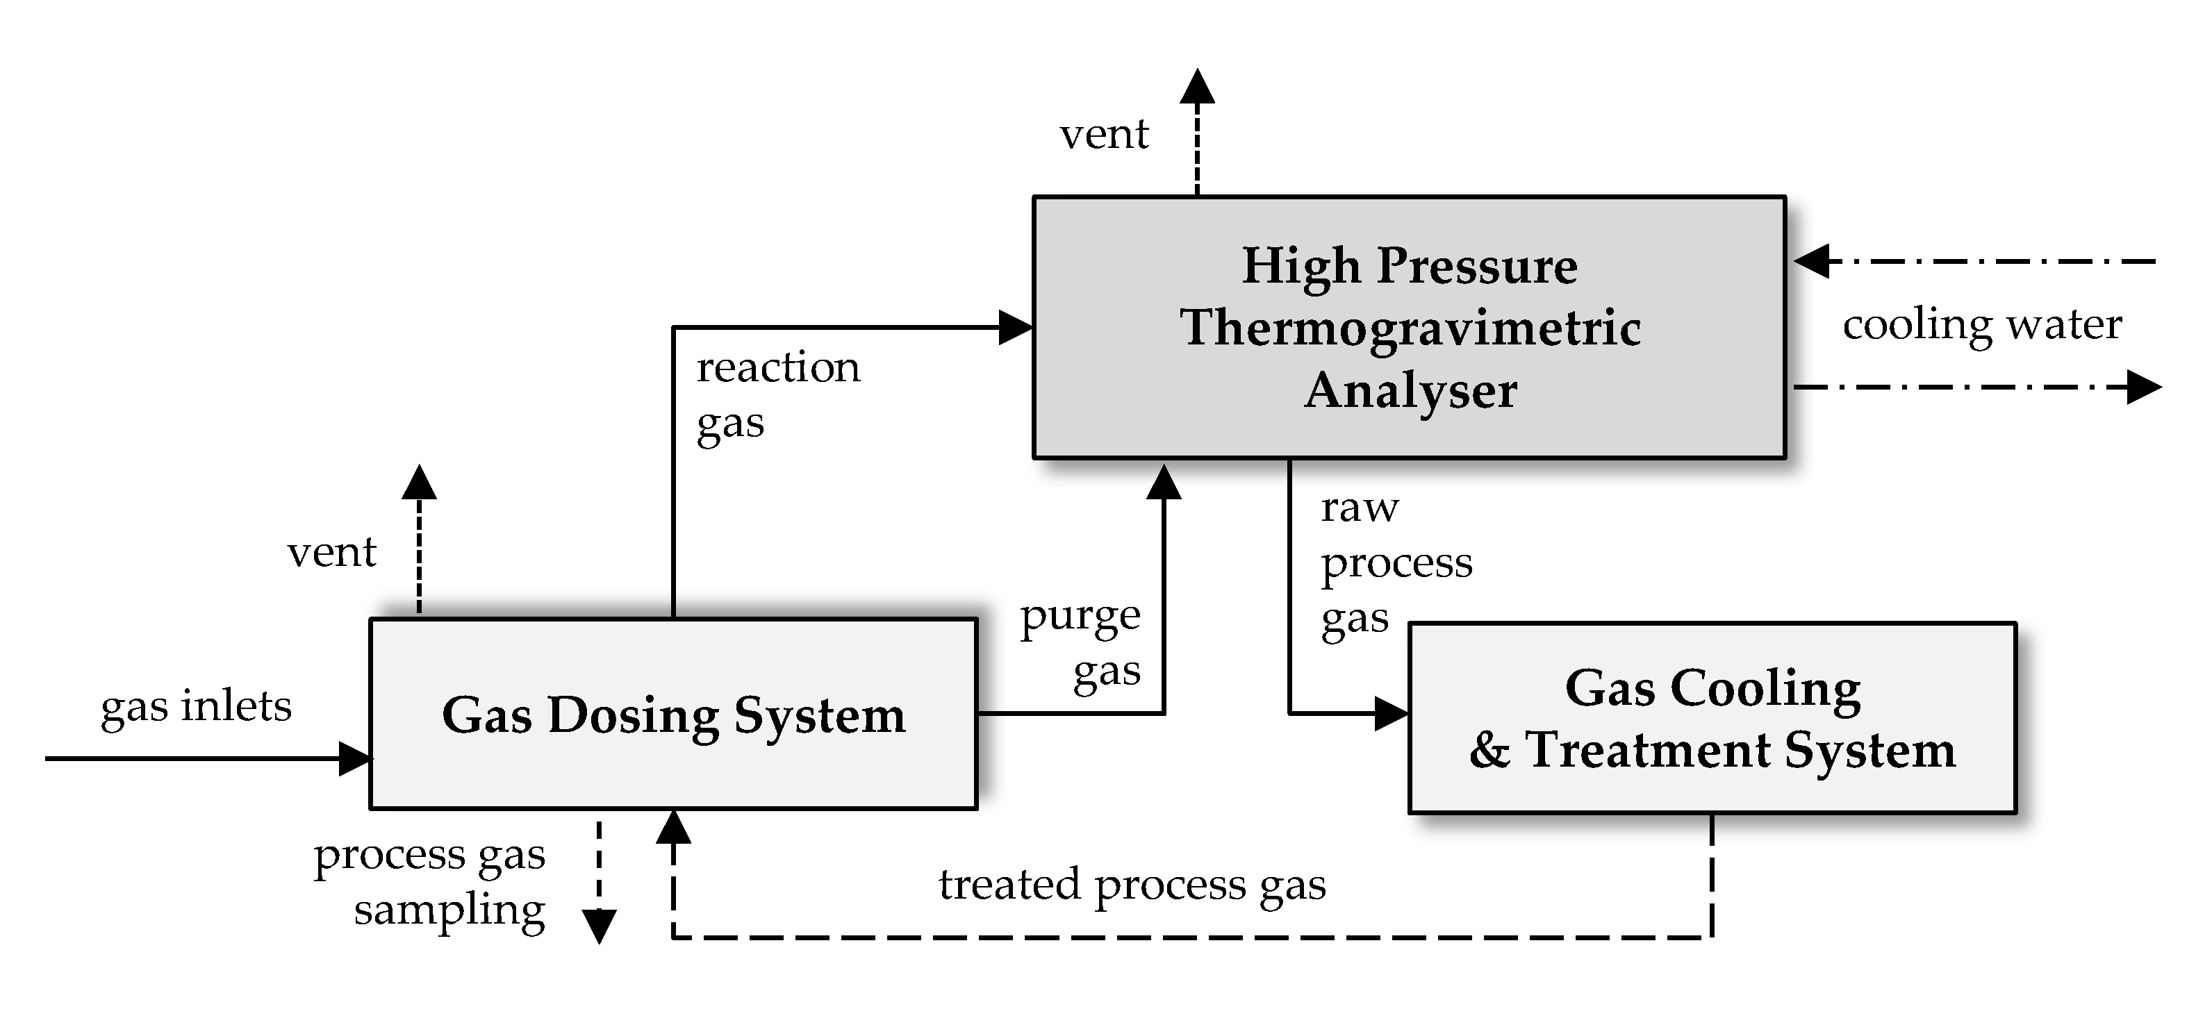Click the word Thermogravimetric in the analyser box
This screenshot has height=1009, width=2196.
click(1410, 328)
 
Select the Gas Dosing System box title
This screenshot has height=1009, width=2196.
click(673, 715)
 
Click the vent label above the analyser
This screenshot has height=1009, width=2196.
click(1104, 135)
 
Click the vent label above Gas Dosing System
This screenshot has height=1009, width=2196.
click(331, 553)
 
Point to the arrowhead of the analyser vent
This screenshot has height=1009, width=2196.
click(1197, 86)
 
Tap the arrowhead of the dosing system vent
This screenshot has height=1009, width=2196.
click(419, 483)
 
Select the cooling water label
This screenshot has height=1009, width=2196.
click(1982, 325)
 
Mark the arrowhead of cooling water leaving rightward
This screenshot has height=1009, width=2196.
click(2143, 387)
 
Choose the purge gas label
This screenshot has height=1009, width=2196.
click(1081, 644)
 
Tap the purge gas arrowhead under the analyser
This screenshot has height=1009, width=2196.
click(1164, 483)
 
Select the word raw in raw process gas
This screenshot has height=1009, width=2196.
click(1359, 509)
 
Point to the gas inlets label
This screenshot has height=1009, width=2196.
click(196, 706)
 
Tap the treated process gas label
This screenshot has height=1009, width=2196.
click(1132, 885)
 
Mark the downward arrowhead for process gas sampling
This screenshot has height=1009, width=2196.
click(600, 926)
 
